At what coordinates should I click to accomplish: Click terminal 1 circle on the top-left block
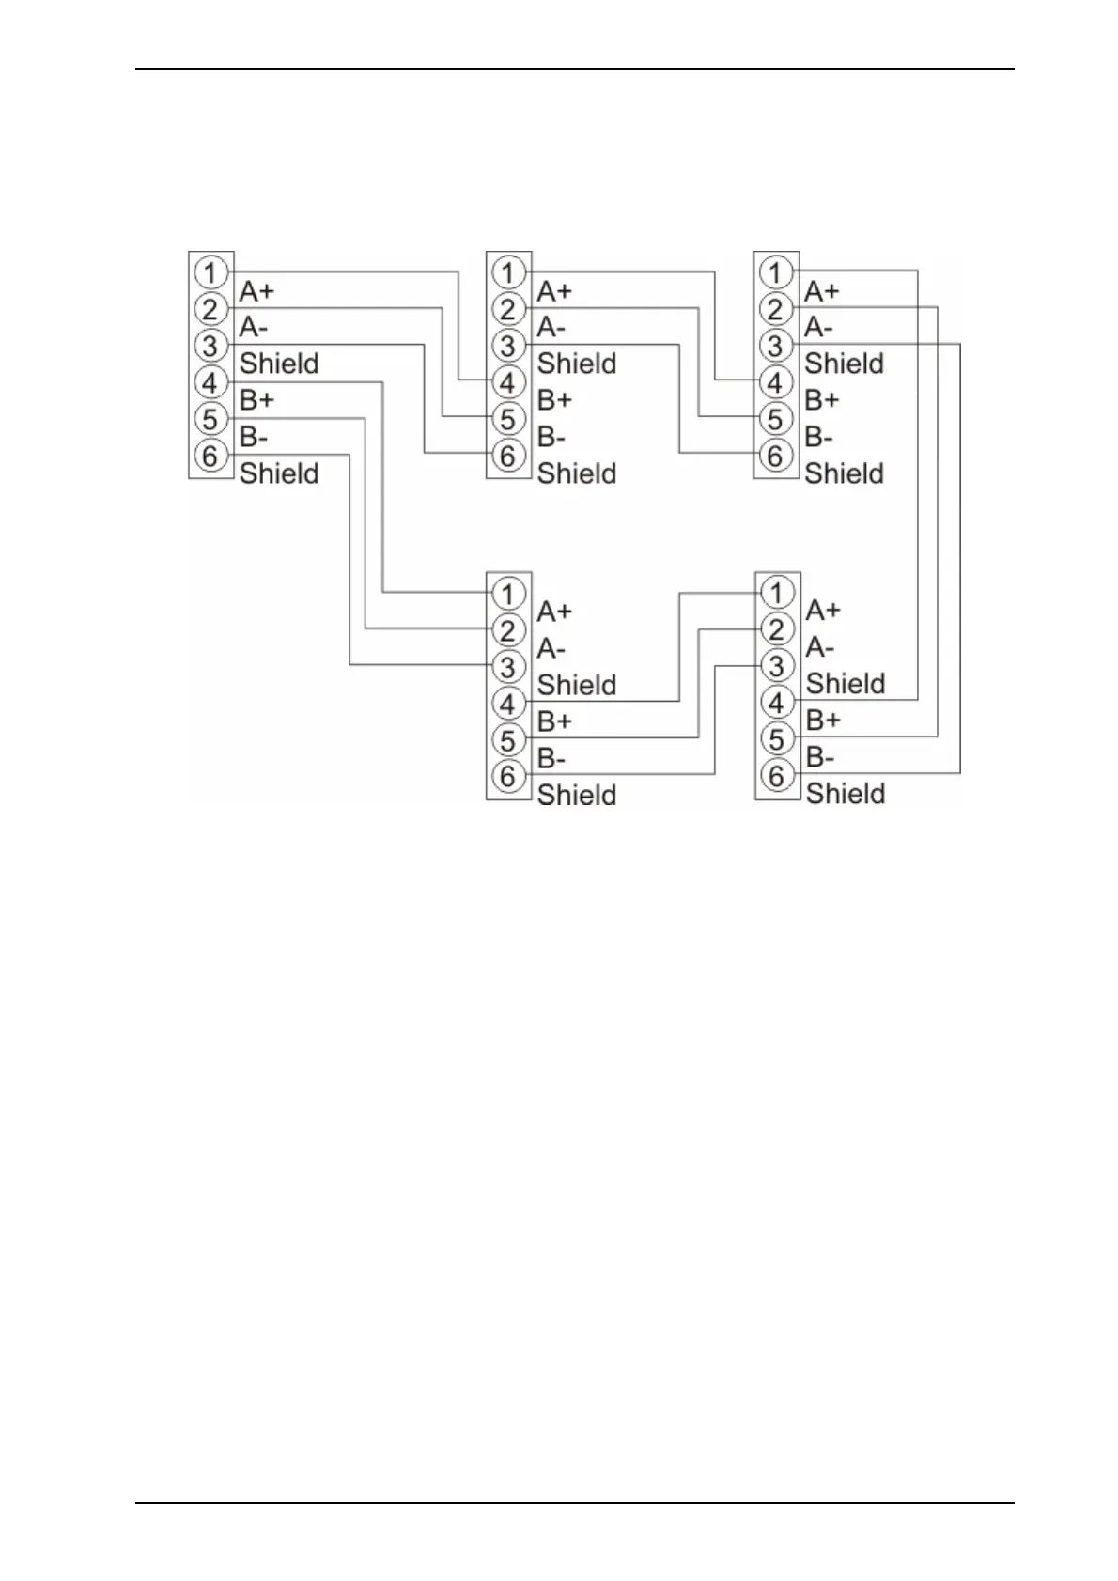[x=210, y=272]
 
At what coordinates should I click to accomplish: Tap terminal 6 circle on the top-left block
[x=210, y=456]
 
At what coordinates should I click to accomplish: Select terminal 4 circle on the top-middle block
[x=507, y=382]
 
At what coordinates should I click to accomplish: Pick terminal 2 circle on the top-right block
[x=775, y=309]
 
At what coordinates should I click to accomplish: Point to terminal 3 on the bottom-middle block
[x=507, y=666]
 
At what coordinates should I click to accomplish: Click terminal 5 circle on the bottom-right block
[x=776, y=739]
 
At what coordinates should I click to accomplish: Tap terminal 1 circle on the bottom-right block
[x=776, y=593]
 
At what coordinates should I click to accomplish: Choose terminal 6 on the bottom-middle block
[x=507, y=776]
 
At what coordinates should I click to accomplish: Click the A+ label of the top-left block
[x=256, y=291]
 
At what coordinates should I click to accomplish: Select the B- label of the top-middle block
[x=551, y=438]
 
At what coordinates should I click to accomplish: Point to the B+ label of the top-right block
[x=822, y=400]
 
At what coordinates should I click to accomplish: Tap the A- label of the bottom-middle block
[x=551, y=649]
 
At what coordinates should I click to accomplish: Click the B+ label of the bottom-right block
[x=823, y=721]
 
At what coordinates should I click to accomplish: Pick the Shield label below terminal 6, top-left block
[x=279, y=473]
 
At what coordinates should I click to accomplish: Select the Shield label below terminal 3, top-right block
[x=844, y=364]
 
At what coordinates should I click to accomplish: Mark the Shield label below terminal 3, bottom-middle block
[x=577, y=685]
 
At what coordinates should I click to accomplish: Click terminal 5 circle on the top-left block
[x=210, y=419]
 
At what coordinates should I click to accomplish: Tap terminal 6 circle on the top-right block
[x=775, y=456]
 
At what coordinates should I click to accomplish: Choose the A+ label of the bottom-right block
[x=823, y=611]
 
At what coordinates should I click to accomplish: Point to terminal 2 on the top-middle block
[x=507, y=309]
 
